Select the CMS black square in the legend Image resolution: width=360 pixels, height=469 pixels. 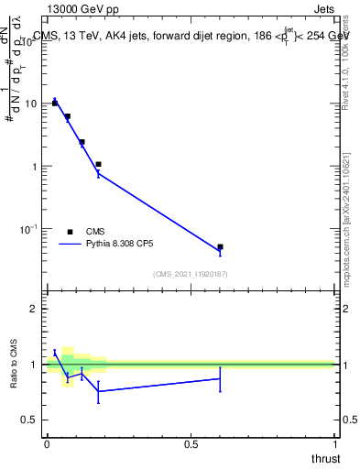point(71,232)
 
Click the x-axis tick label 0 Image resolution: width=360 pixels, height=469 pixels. point(47,444)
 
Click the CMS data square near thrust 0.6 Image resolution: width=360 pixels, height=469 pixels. point(221,247)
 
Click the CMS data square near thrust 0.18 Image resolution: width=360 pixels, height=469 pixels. point(98,165)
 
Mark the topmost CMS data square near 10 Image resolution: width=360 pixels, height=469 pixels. point(55,104)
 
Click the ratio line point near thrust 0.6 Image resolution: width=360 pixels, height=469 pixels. point(221,378)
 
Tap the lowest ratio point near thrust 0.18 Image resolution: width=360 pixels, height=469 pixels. point(98,391)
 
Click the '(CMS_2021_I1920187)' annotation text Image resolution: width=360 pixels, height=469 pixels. point(190,273)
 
